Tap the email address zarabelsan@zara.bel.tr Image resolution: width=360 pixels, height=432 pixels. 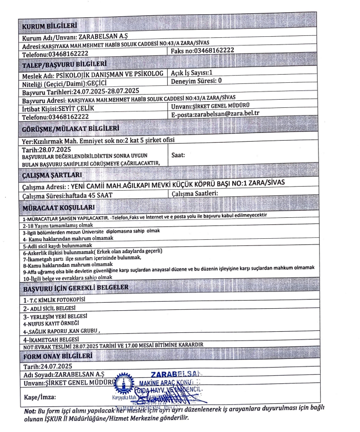(x=231, y=117)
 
